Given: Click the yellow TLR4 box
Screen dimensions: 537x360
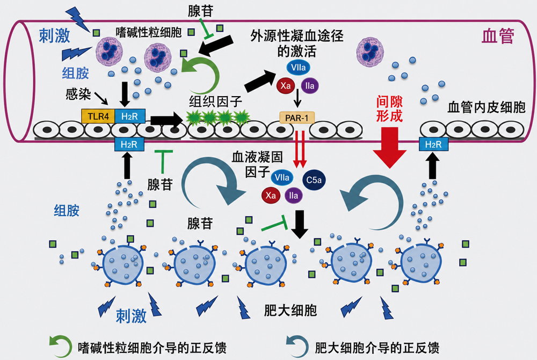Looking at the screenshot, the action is (98, 117).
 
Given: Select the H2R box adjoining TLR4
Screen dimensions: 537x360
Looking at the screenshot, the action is (130, 117).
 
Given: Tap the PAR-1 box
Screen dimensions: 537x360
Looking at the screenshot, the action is (297, 118).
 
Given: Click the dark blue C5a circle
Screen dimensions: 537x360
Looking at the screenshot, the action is (314, 180).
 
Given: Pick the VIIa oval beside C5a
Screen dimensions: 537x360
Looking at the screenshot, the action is (282, 177).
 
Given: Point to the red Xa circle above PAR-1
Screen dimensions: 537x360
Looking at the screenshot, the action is (286, 85).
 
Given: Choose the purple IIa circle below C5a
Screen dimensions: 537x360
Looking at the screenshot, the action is (294, 196).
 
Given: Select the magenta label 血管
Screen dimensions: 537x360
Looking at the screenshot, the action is (498, 35).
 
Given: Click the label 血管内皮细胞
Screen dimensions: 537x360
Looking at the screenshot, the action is (487, 107).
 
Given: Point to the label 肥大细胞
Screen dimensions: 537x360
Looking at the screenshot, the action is (291, 311).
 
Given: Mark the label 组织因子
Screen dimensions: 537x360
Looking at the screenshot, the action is (216, 102).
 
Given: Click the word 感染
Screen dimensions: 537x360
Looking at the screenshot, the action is (78, 93).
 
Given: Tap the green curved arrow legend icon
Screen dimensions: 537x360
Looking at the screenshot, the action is (60, 347).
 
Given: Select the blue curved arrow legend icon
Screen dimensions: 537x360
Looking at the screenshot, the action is (297, 347).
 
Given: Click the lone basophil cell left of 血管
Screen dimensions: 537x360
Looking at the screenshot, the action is (370, 52).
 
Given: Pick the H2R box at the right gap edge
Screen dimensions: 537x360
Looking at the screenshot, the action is (433, 144).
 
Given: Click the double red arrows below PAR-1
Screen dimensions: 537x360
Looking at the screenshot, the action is (300, 149).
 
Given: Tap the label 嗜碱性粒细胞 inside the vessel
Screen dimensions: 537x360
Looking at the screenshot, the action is (149, 32).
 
